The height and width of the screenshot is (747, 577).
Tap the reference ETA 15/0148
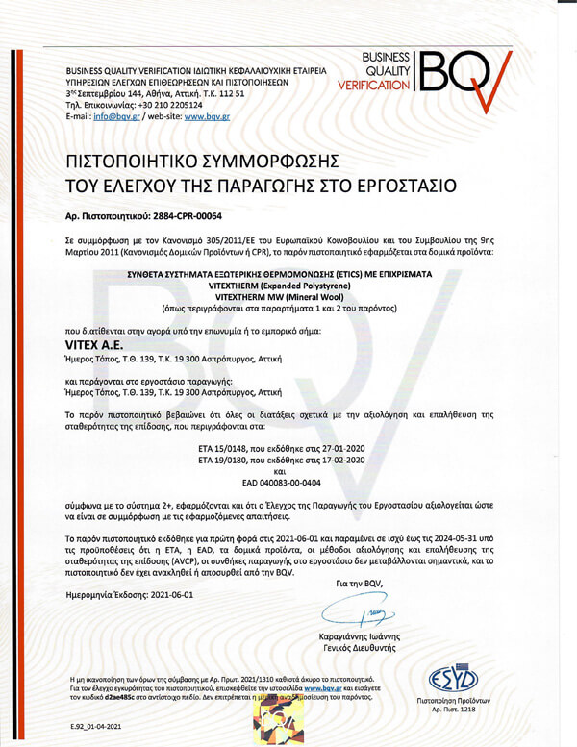click(x=221, y=449)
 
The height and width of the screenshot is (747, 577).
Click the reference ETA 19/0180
click(x=221, y=461)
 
